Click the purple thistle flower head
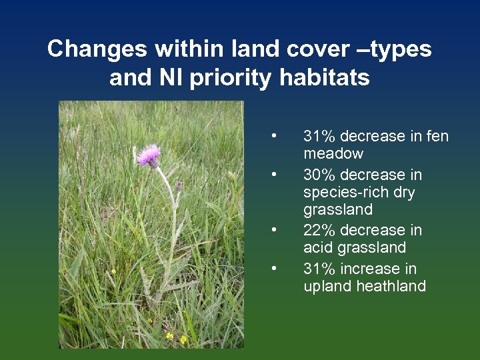click(x=149, y=156)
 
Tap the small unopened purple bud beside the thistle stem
click(x=179, y=185)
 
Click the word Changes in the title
click(x=97, y=49)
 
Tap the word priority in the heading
click(x=231, y=78)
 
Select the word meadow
click(x=333, y=154)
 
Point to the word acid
click(x=317, y=248)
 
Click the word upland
click(x=325, y=287)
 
